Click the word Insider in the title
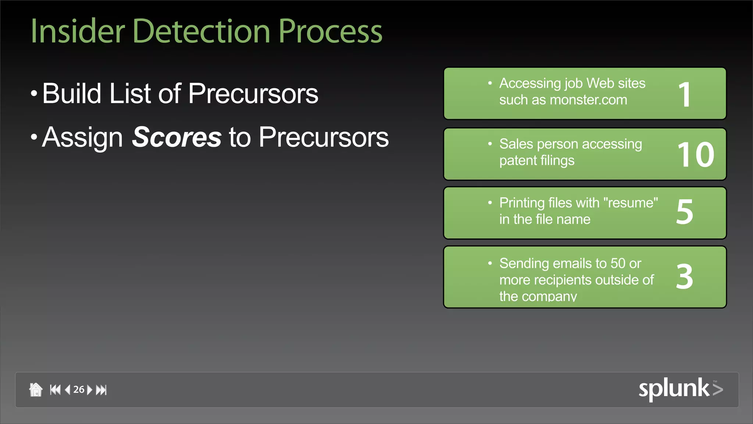(x=78, y=32)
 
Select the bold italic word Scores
(x=176, y=137)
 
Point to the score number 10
(x=696, y=155)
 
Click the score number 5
(x=684, y=212)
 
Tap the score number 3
(x=684, y=277)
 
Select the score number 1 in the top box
(x=684, y=95)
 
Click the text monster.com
(x=588, y=100)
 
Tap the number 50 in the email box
(x=618, y=264)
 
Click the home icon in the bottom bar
(x=36, y=389)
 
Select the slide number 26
(x=79, y=389)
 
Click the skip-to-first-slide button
(x=55, y=389)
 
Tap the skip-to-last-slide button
(x=101, y=389)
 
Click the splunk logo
(x=680, y=389)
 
